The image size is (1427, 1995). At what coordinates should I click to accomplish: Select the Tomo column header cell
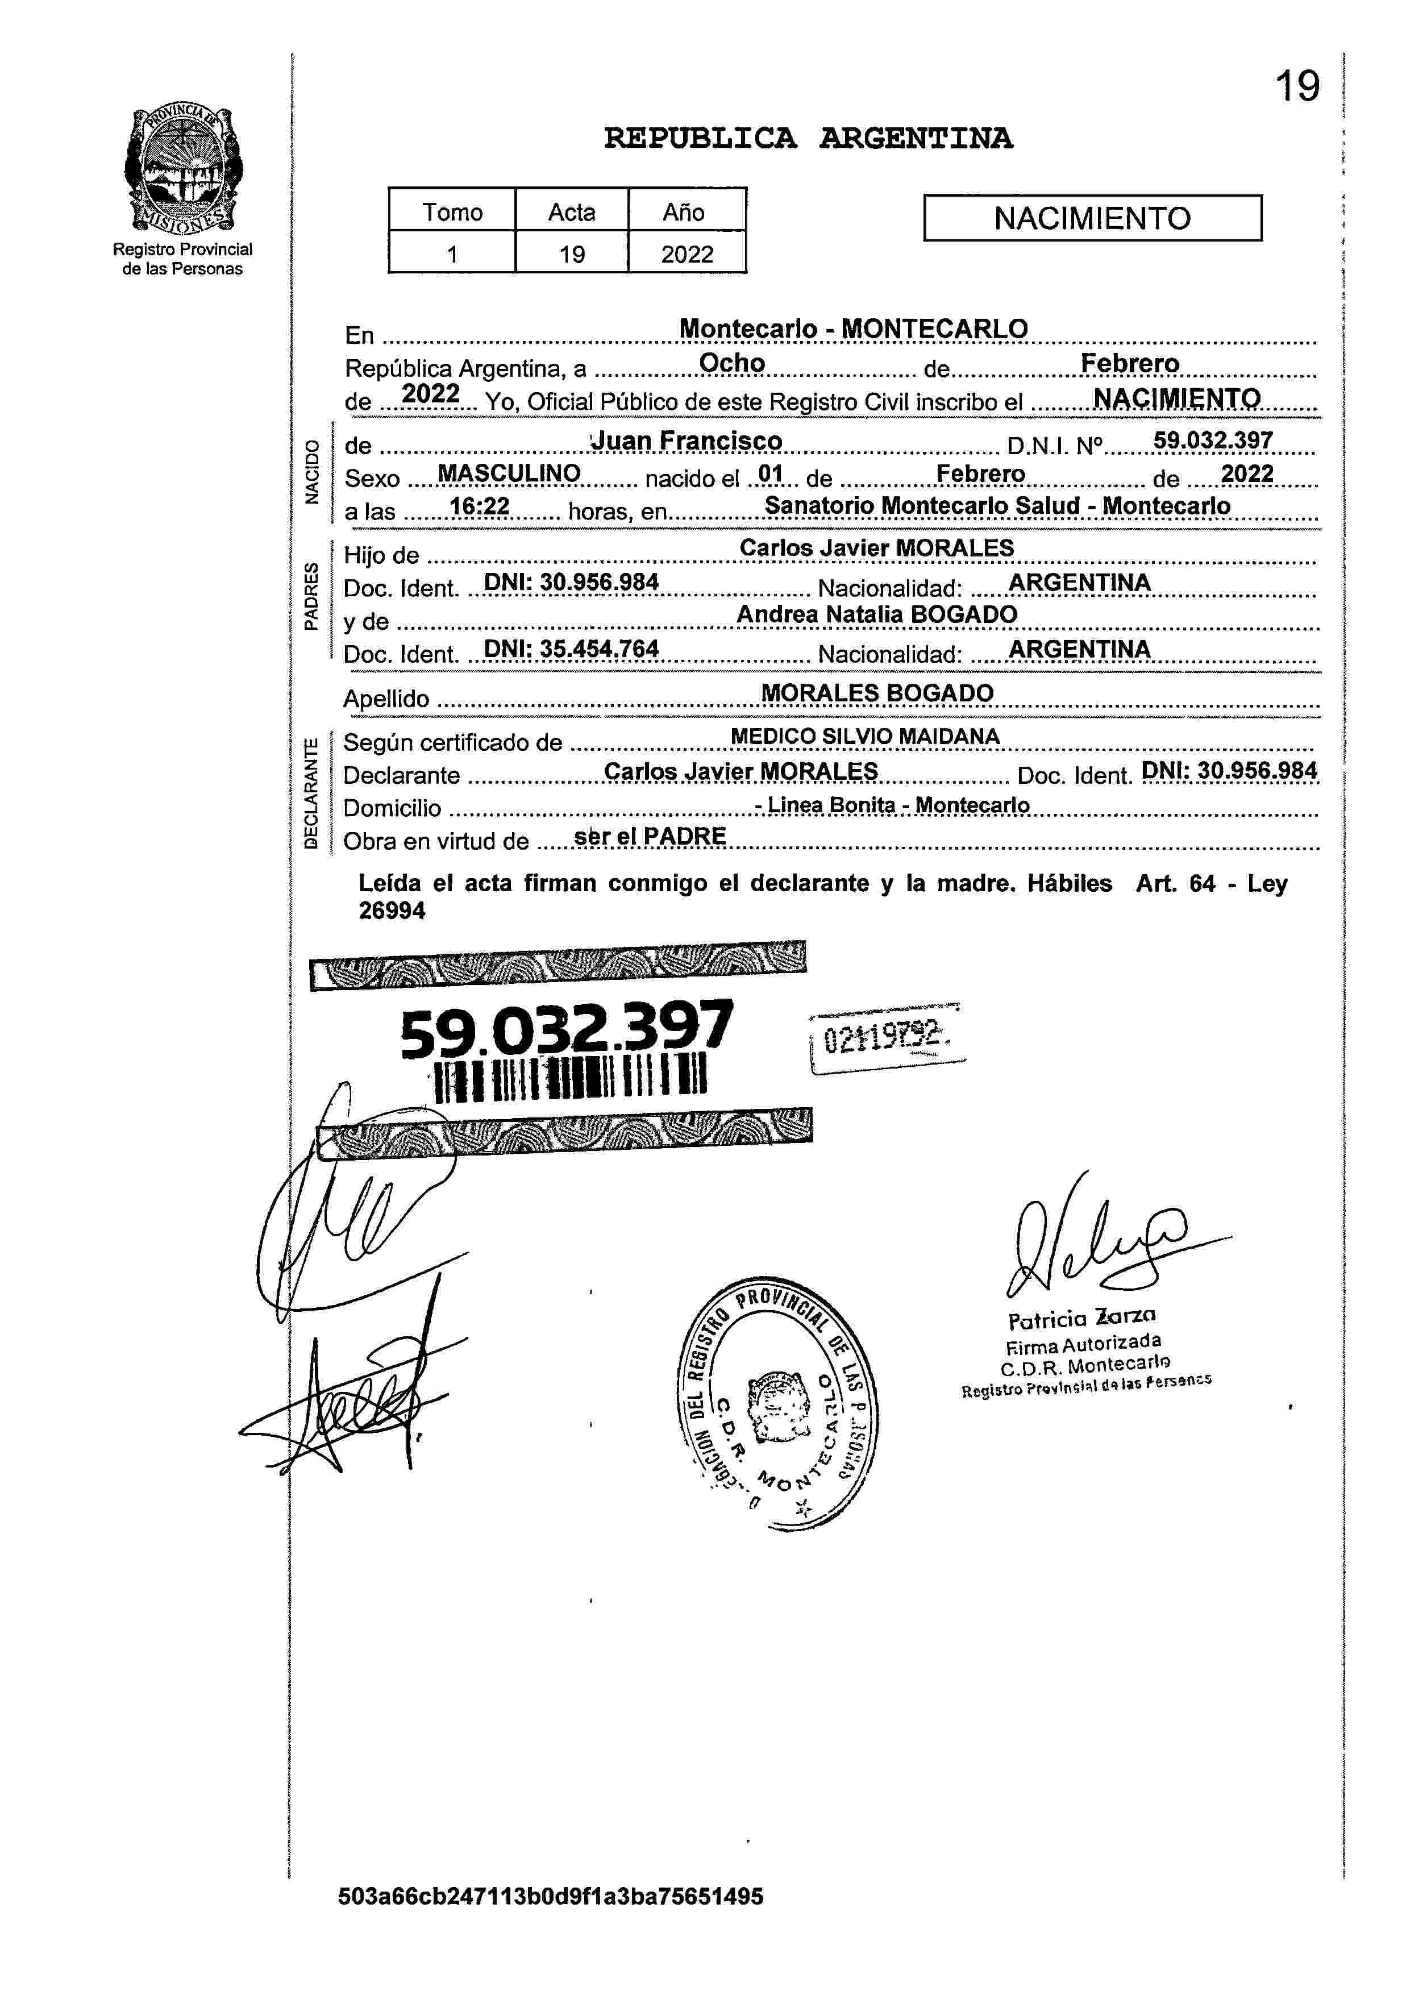tap(452, 212)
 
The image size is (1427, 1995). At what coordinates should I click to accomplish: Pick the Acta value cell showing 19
tap(572, 254)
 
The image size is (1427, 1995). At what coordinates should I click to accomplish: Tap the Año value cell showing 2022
tap(687, 254)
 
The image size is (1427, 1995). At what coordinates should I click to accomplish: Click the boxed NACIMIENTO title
tap(1092, 218)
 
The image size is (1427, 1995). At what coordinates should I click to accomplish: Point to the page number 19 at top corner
tap(1297, 87)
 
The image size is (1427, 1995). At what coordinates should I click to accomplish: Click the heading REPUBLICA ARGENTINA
tap(808, 138)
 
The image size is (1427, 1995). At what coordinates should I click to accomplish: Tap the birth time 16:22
tap(479, 506)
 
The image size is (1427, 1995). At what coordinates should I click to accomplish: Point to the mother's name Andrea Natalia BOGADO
tap(876, 614)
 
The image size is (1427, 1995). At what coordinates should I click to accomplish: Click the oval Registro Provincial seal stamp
tap(779, 1403)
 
